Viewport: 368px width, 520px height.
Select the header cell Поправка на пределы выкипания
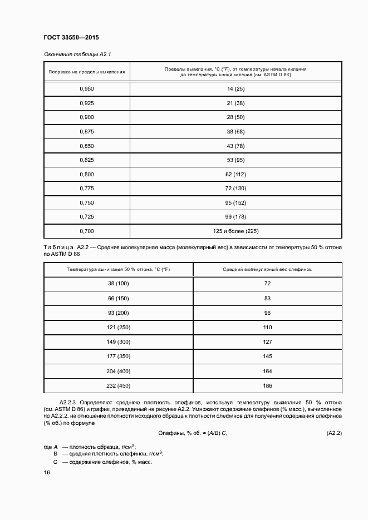click(86, 72)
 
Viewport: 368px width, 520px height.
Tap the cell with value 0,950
click(86, 89)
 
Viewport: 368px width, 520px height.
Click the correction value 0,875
click(86, 131)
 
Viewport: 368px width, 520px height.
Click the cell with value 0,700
click(86, 231)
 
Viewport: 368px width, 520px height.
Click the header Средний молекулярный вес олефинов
click(267, 269)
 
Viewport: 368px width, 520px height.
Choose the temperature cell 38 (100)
click(118, 284)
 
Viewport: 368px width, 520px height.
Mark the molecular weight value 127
click(267, 341)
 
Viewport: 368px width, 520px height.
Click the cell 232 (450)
click(118, 385)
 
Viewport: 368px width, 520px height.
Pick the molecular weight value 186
click(267, 385)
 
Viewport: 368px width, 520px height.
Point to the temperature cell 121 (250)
click(118, 327)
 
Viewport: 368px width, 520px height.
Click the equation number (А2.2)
click(333, 433)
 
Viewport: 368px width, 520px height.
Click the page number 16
click(47, 472)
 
